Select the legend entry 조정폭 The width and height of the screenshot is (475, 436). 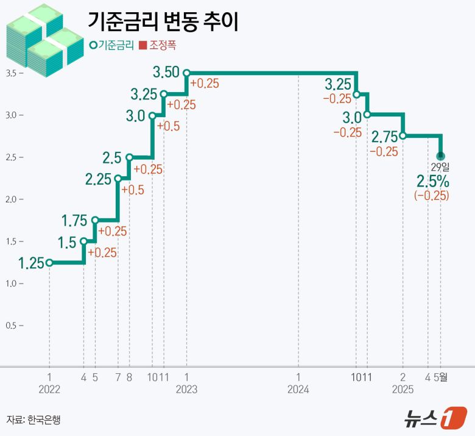[x=161, y=45]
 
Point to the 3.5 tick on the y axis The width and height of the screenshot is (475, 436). [x=12, y=73]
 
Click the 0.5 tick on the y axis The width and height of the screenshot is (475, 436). [x=12, y=325]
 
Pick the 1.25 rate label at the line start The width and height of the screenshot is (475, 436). [x=31, y=263]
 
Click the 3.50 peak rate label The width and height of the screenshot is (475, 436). [x=166, y=73]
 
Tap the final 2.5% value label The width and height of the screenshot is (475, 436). [x=432, y=180]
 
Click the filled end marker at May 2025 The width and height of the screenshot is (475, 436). [x=441, y=156]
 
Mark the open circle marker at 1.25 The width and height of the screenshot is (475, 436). [x=49, y=263]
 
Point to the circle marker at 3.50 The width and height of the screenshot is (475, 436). [x=186, y=73]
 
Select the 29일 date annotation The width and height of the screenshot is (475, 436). [x=440, y=166]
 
